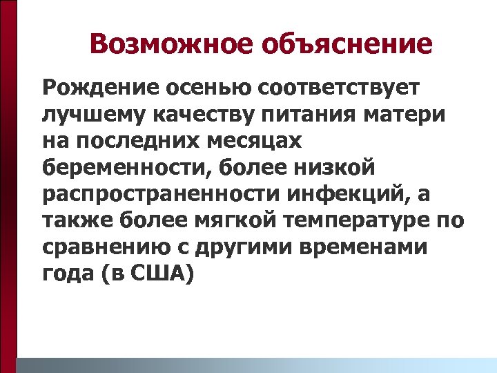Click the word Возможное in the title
coord(171,44)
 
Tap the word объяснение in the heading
coord(347,46)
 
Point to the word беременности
coord(114,168)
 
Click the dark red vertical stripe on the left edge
coord(8,186)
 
